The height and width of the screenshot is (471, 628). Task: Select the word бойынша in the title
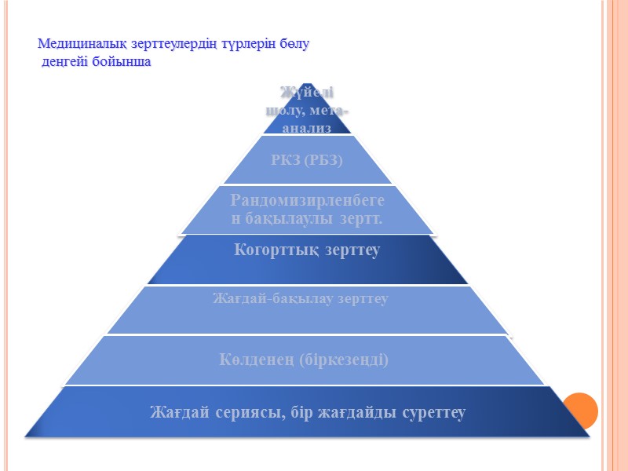[x=119, y=62]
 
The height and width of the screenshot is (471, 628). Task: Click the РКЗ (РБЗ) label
[x=307, y=160]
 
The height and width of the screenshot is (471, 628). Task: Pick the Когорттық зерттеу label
[x=307, y=251]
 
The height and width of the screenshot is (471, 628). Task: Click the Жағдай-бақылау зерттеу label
[x=301, y=299]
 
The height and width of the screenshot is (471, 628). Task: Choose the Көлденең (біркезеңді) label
[x=304, y=360]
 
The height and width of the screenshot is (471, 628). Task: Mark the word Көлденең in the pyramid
[x=254, y=360]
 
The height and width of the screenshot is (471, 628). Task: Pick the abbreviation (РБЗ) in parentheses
[x=325, y=160]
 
